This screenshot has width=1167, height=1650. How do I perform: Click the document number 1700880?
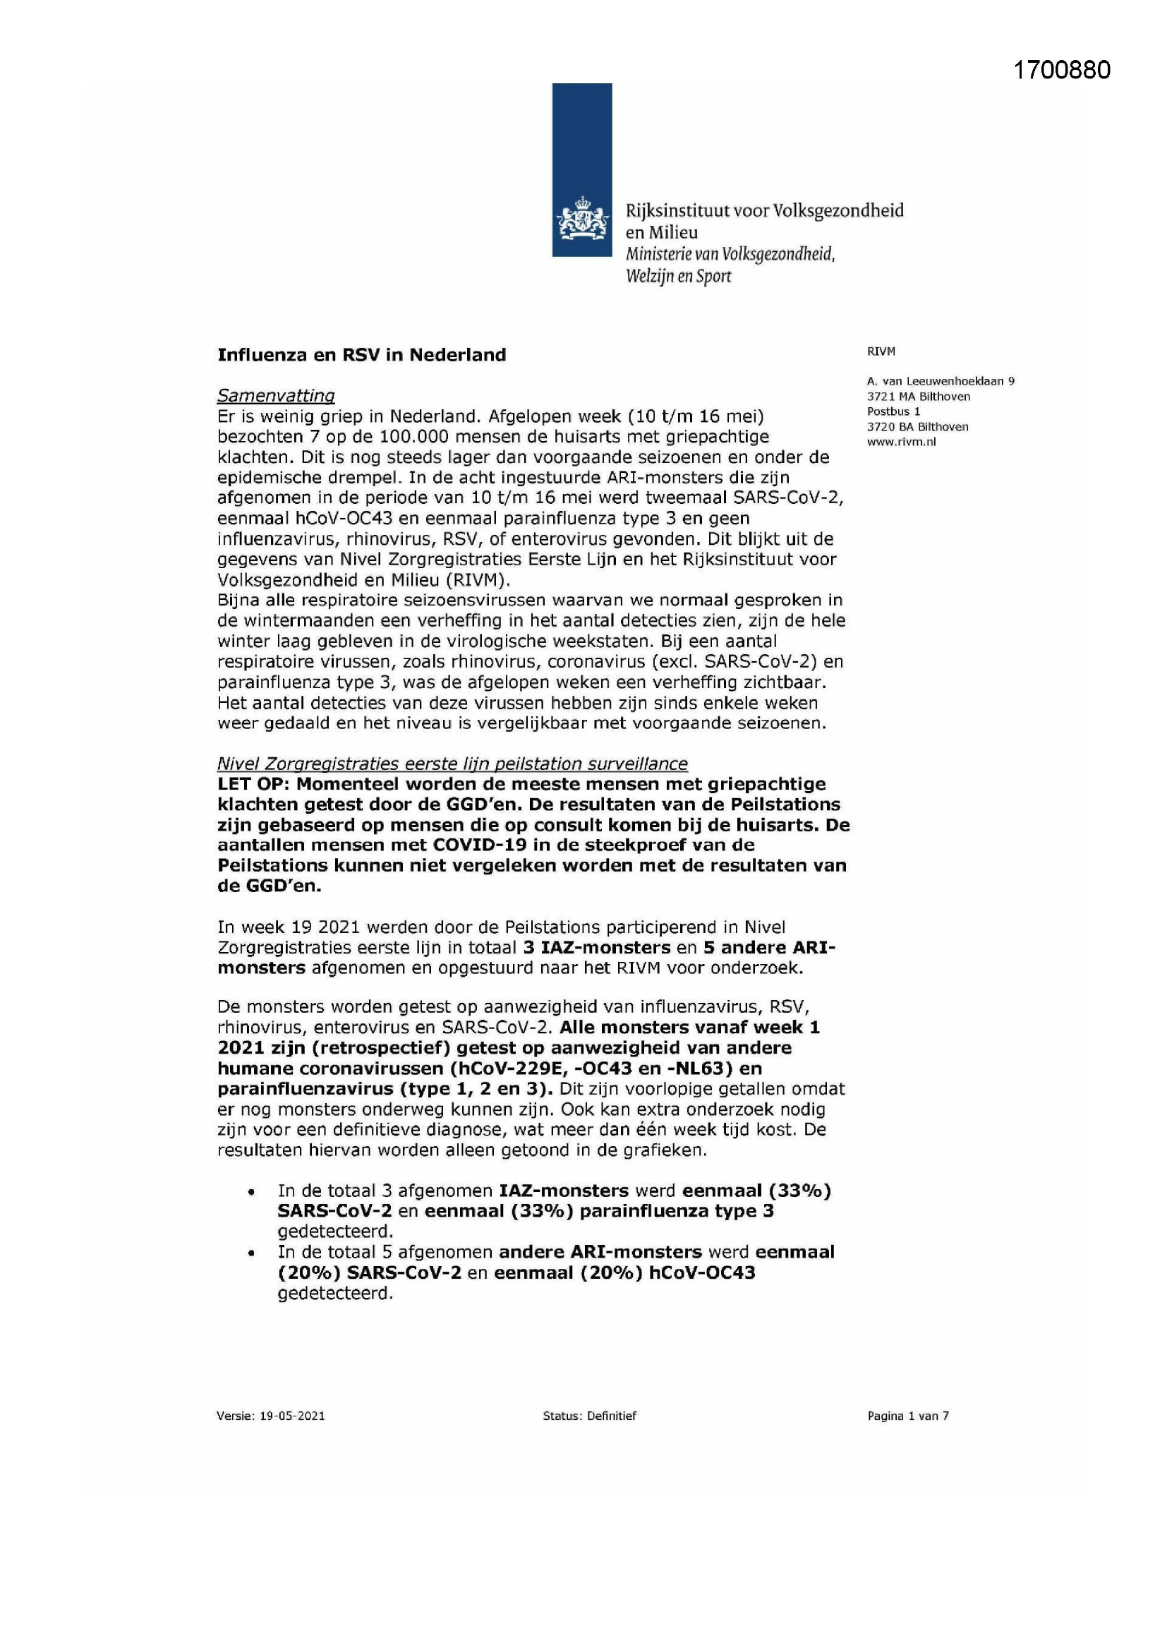point(1061,70)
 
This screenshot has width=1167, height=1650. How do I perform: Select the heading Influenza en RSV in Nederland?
point(361,355)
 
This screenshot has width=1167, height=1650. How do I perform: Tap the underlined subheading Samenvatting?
point(276,395)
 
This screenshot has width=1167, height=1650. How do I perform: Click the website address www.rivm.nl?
point(901,442)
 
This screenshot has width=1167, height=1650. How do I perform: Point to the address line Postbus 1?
point(893,411)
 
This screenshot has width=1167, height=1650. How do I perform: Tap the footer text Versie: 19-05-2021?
point(270,1416)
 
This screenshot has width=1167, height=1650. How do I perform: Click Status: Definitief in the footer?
point(589,1416)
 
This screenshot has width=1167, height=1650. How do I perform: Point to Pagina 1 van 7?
point(907,1416)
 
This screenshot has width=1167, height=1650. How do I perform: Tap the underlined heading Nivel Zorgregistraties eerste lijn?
point(452,763)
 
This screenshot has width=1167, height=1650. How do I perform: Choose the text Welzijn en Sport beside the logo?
point(677,277)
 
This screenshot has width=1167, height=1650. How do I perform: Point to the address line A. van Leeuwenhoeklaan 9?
point(940,382)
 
